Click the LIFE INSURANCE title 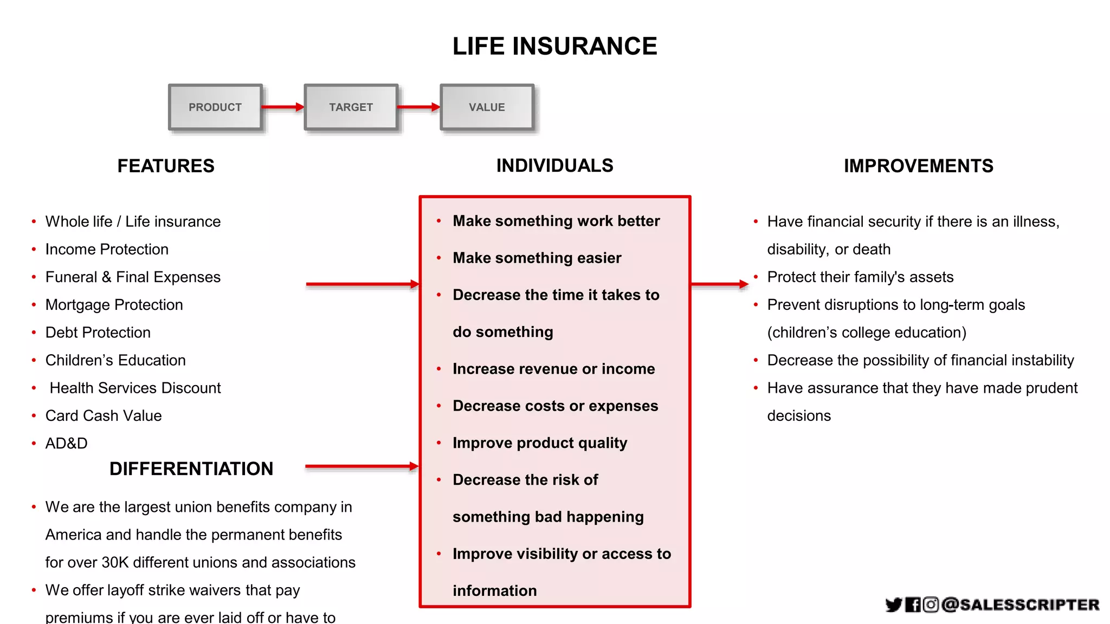[x=554, y=47]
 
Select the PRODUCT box [x=215, y=107]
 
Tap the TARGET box [x=351, y=107]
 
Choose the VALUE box [x=487, y=107]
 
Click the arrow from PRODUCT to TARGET [x=282, y=107]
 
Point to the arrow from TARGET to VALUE [x=418, y=107]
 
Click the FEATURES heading [x=166, y=166]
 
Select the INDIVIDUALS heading [x=554, y=165]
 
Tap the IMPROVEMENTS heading [x=918, y=166]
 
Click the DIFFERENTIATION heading [x=191, y=469]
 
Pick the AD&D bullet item [x=66, y=443]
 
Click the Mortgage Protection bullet [x=114, y=304]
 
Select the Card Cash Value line [x=104, y=415]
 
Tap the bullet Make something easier [x=537, y=258]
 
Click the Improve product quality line [x=540, y=443]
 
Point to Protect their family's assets [x=860, y=277]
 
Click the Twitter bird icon [x=893, y=604]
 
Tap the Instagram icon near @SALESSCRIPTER [x=931, y=604]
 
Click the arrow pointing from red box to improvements [x=720, y=284]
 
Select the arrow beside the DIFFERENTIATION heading [x=362, y=466]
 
